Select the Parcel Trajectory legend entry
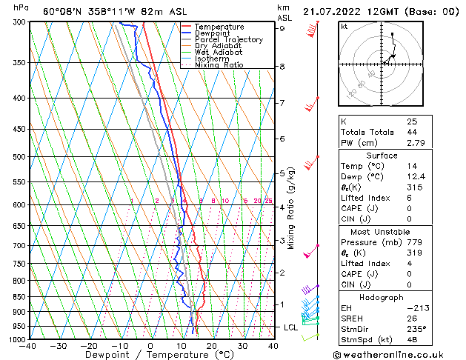[229, 39]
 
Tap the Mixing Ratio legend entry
[219, 65]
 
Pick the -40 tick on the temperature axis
[30, 346]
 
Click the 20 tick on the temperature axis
[211, 346]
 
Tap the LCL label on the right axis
[291, 327]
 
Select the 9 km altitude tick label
[282, 28]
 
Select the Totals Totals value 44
[412, 132]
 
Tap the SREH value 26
[412, 319]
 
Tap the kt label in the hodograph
[344, 26]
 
